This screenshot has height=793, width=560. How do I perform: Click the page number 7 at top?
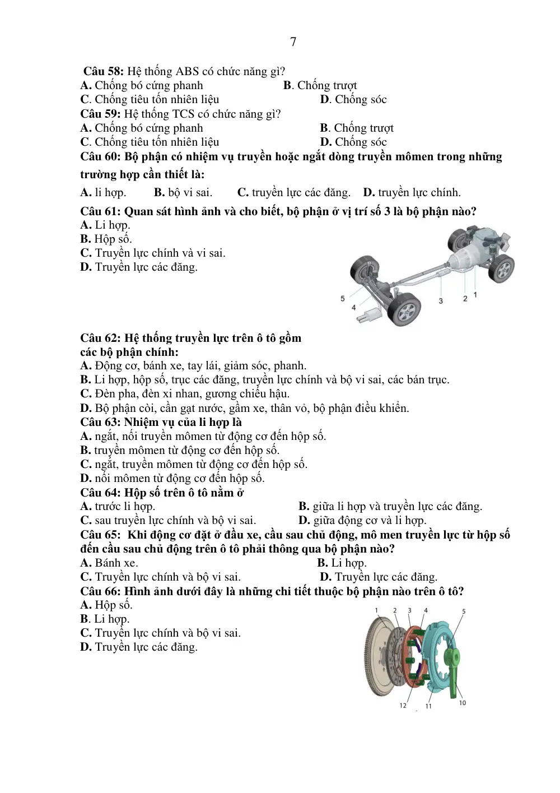293,42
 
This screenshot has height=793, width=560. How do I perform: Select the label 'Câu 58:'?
103,71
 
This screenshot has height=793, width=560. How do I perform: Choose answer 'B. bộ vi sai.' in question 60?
183,192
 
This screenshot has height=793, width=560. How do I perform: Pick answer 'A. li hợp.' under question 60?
103,192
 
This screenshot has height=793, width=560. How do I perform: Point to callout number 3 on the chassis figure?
440,301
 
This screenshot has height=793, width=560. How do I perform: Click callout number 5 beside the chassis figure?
342,299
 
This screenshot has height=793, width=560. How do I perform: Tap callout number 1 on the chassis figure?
475,295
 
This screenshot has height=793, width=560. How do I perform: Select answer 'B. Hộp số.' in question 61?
106,239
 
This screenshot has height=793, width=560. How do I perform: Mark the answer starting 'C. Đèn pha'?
185,393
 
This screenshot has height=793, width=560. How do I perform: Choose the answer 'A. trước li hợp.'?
118,506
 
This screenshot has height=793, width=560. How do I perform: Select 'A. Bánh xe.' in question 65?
109,563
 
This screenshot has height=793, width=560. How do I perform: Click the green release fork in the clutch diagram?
452,673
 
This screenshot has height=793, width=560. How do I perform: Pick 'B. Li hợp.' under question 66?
105,619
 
